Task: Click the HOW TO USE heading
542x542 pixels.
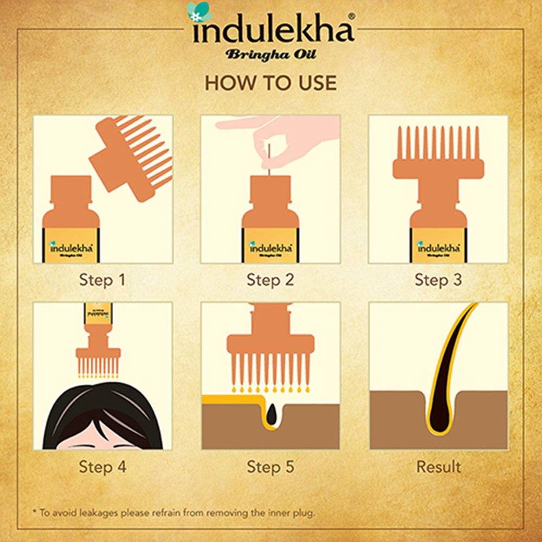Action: click(x=270, y=83)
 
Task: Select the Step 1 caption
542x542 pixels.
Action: click(x=102, y=280)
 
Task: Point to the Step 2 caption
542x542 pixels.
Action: click(x=270, y=280)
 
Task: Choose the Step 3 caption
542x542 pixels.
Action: click(x=438, y=280)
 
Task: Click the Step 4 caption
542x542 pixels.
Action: click(x=102, y=466)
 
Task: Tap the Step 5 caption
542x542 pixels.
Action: click(x=270, y=466)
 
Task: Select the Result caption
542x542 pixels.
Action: click(x=438, y=466)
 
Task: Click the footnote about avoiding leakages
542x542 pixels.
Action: click(x=173, y=512)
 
